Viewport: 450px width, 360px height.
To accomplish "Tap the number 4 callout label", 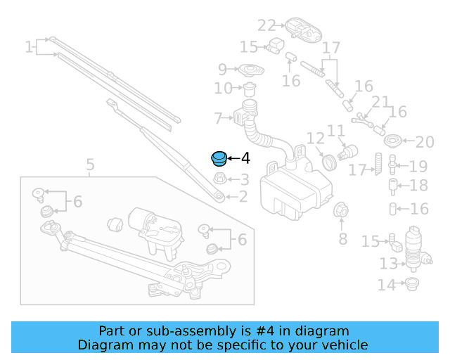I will click(x=245, y=160).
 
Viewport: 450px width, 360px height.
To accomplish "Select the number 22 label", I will click(x=266, y=26).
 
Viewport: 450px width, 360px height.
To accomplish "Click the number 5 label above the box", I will click(x=90, y=166).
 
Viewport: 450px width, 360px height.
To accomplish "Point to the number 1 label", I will click(x=29, y=48).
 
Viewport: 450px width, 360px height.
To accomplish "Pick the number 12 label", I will click(x=314, y=139).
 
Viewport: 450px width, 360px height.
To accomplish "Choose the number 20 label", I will click(x=425, y=143).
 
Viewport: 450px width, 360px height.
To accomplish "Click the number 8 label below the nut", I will click(x=342, y=240).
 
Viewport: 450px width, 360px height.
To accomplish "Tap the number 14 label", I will click(x=386, y=285).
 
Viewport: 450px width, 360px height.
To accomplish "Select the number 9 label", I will click(x=222, y=69).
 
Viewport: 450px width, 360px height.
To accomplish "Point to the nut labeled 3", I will click(x=219, y=179).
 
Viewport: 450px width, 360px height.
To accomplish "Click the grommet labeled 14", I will click(x=412, y=284).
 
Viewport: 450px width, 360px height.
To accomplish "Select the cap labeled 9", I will click(x=247, y=71).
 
